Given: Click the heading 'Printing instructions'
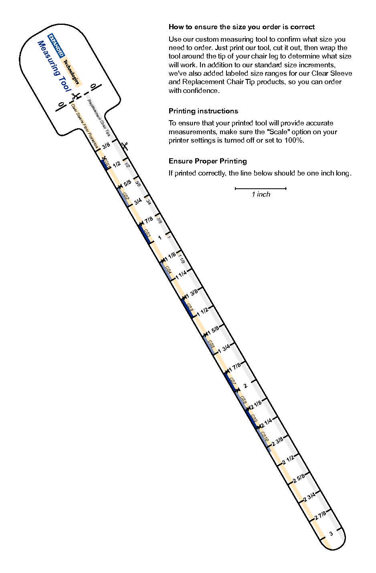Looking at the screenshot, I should point(203,111).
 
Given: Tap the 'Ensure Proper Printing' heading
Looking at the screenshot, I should point(208,161).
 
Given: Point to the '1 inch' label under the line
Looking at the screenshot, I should point(261,194).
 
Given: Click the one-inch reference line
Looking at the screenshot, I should point(261,188).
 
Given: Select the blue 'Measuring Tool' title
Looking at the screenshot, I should point(54,66).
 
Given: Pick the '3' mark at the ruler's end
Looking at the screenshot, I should point(331,533).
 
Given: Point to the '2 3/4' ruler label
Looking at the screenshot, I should point(309,496).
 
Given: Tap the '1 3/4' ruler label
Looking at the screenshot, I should point(223,348).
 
